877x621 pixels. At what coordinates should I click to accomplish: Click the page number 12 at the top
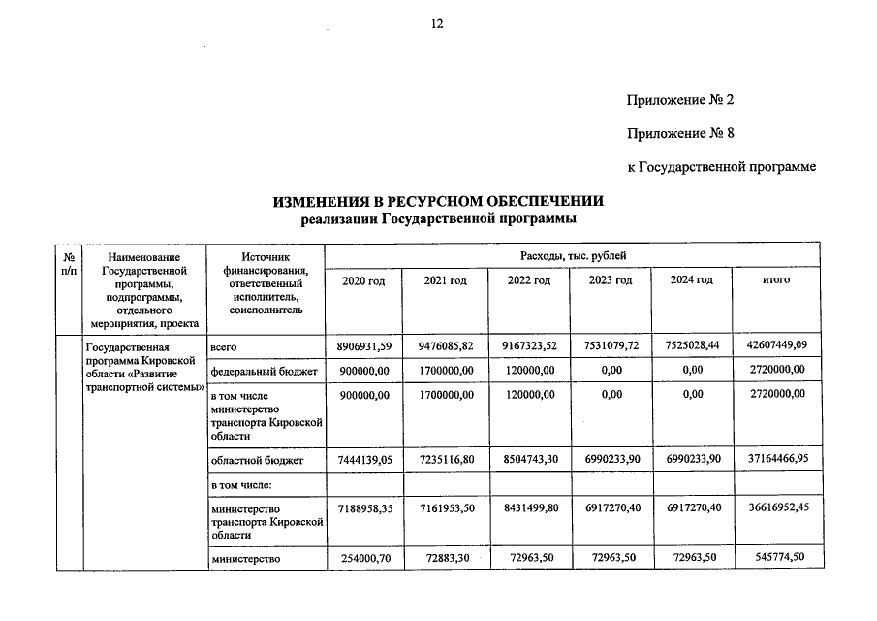(x=437, y=25)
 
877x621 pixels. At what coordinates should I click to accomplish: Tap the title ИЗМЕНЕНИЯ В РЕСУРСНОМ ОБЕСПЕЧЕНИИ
(x=438, y=202)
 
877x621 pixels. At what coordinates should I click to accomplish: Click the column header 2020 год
(x=364, y=280)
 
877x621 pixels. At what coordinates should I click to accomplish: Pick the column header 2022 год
(x=529, y=280)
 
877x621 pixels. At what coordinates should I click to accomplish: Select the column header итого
(x=776, y=280)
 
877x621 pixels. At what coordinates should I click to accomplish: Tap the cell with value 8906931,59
(x=364, y=346)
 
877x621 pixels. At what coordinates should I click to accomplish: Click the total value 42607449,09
(x=774, y=346)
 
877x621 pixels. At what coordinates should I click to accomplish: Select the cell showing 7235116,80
(x=447, y=460)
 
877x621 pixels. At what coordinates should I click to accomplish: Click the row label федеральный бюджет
(x=264, y=370)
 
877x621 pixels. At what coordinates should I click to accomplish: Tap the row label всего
(x=224, y=346)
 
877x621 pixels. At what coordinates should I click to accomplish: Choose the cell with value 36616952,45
(x=774, y=508)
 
